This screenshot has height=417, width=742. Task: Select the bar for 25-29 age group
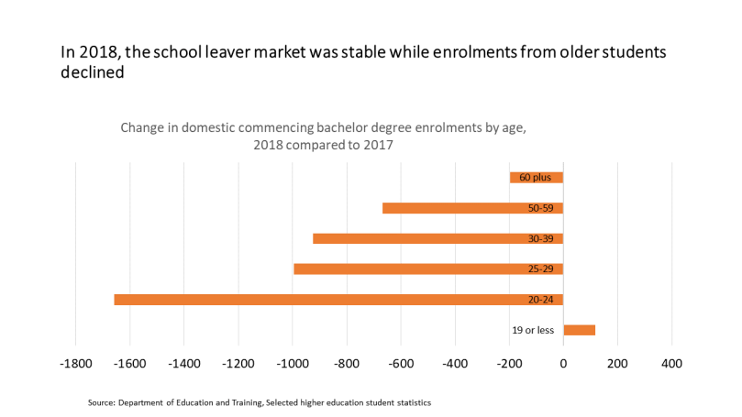427,269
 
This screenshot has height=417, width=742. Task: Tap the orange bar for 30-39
437,238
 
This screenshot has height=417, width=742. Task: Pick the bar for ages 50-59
472,208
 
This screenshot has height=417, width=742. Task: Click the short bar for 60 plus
537,178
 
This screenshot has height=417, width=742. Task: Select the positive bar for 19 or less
579,330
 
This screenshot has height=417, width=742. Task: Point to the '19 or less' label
533,330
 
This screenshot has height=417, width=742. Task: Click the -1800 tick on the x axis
75,364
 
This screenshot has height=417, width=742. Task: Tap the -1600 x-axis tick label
130,364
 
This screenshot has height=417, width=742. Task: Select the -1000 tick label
293,364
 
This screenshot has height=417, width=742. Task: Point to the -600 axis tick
401,364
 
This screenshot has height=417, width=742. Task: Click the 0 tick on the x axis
563,364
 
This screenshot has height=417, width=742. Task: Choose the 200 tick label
617,364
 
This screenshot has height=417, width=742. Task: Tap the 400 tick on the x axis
671,364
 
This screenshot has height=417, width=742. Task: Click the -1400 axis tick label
184,364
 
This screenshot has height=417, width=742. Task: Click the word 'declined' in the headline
92,74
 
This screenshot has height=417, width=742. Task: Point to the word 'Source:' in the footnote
101,402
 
